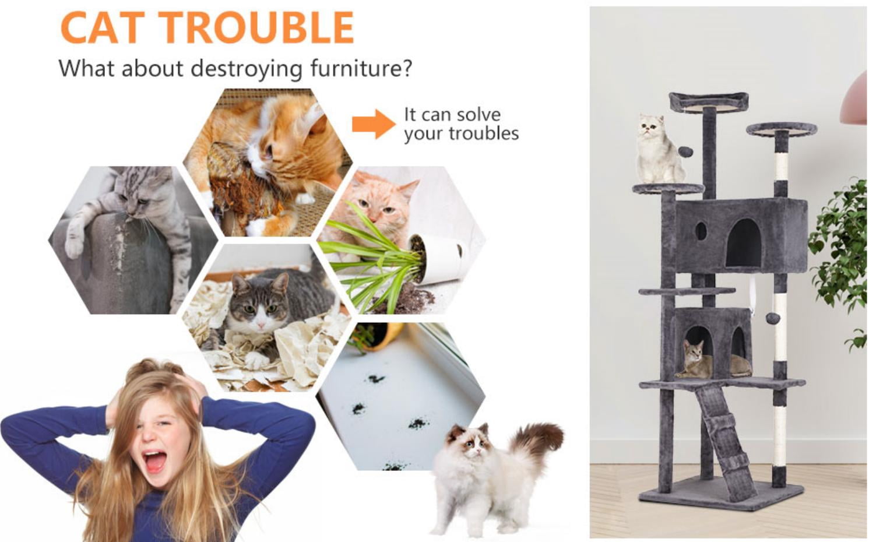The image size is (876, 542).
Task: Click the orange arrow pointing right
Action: point(374,124)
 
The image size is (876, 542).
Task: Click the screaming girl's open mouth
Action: point(154,462)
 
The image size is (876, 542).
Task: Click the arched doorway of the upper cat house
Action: point(744,243)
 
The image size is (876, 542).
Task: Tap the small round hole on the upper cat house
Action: point(701,231)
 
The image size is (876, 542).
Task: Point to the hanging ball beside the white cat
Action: point(685,152)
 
